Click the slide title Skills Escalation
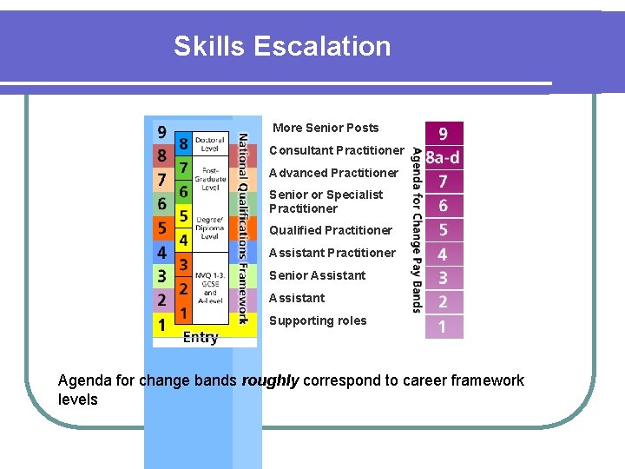(282, 46)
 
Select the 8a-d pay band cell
(443, 157)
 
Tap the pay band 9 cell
(443, 134)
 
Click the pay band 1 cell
(443, 327)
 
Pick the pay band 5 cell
(443, 230)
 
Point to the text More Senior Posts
(326, 128)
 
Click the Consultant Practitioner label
(336, 150)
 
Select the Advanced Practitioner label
(333, 173)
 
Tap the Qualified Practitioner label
(331, 230)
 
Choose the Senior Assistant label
(317, 275)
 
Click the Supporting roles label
(318, 320)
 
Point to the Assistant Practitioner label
(332, 253)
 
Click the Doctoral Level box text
(210, 143)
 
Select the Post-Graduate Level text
(210, 179)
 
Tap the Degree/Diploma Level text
(210, 227)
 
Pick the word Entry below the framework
(201, 338)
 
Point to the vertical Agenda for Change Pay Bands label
(417, 230)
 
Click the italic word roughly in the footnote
(270, 380)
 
